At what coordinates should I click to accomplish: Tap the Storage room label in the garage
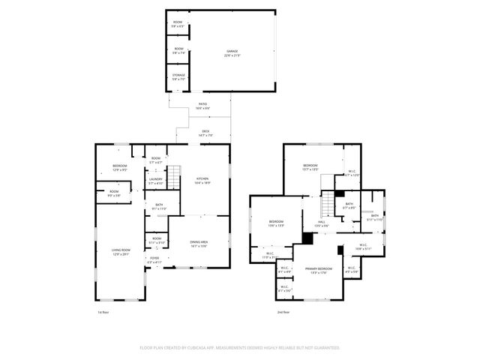[x=177, y=77]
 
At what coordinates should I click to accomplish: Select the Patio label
[x=202, y=106]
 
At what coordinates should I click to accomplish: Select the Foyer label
[x=154, y=260]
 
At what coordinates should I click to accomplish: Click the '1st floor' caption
[x=103, y=311]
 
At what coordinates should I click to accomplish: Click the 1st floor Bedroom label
[x=120, y=167]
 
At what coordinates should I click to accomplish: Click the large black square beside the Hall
[x=307, y=238]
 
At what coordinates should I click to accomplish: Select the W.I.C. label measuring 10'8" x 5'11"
[x=361, y=247]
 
